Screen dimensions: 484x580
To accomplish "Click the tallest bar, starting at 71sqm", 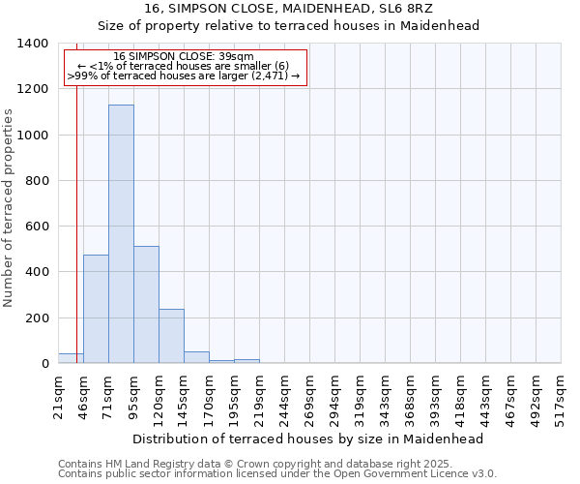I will coord(121,234).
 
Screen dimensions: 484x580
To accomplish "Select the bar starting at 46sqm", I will coord(96,309).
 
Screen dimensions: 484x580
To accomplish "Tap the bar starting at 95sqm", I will coord(146,305).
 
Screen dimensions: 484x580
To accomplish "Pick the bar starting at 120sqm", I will coord(171,336).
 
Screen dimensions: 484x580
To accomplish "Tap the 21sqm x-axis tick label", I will coord(59,396).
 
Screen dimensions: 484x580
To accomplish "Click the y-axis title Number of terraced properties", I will coord(10,208).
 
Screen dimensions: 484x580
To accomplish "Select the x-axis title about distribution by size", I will coord(307,439).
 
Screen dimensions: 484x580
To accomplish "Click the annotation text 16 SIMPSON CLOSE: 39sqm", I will coord(183,56).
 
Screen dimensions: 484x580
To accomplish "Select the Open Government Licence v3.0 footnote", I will coord(277,474).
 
